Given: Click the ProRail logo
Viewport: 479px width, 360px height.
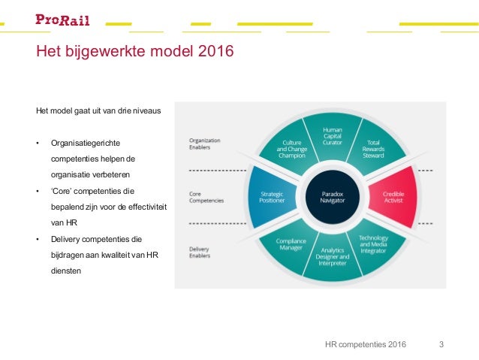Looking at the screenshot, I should pos(62,19).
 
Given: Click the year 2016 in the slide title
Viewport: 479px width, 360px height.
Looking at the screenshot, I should pos(214,52).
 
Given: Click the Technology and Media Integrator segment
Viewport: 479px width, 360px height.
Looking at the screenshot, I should pos(373,244).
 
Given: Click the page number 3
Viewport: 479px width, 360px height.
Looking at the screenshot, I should pos(441,345).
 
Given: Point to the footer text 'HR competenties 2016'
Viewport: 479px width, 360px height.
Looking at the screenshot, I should pos(366,345).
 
